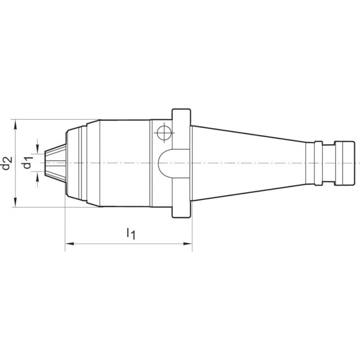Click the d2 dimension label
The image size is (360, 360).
click(x=6, y=163)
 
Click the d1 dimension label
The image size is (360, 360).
click(x=27, y=162)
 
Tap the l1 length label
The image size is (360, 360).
click(x=131, y=233)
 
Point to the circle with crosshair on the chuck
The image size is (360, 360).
click(x=164, y=133)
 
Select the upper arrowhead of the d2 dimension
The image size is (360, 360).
click(x=15, y=125)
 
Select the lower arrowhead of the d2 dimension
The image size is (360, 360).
click(x=15, y=202)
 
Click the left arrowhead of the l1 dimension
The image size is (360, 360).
click(x=70, y=243)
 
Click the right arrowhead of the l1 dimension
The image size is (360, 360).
click(x=188, y=243)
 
